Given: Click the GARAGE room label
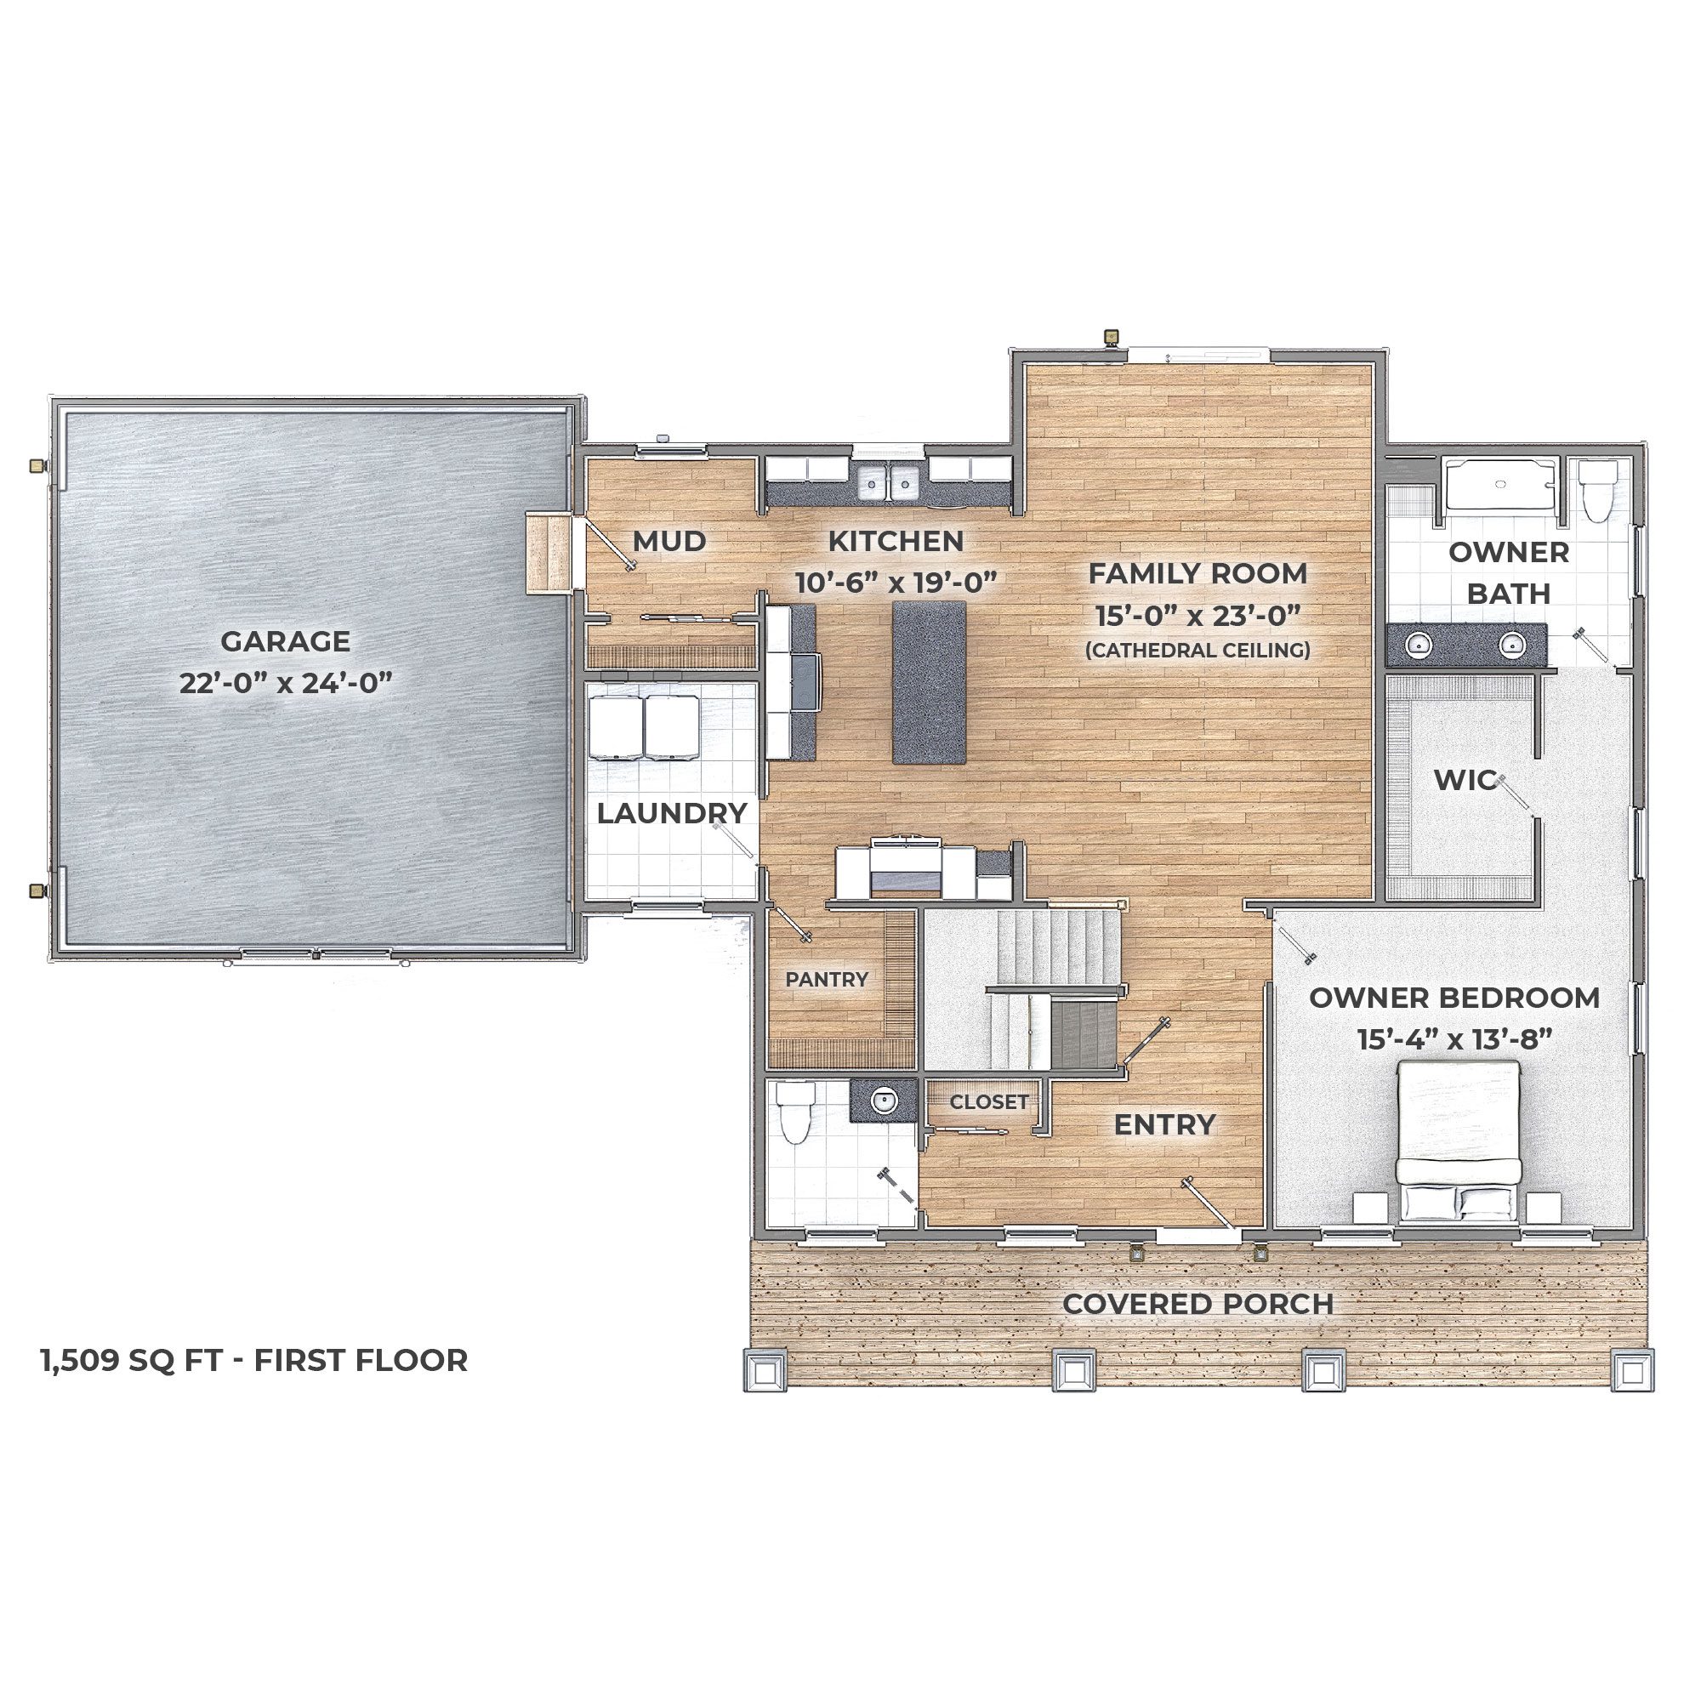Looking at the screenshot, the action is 285,641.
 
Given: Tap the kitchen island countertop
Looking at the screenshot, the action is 929,681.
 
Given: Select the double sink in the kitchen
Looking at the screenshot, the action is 890,482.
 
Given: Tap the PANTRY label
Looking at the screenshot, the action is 827,979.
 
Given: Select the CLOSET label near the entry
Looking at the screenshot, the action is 989,1101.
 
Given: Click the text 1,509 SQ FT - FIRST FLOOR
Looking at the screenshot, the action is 254,1360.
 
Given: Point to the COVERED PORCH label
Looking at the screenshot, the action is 1198,1304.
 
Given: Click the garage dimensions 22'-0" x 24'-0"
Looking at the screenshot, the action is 285,682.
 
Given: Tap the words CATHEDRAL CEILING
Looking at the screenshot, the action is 1198,650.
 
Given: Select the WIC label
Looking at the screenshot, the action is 1465,779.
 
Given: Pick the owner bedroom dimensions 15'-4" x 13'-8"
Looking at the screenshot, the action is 1454,1040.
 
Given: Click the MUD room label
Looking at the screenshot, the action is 669,541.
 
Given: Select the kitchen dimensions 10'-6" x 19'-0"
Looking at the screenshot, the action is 896,583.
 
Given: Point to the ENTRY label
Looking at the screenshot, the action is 1165,1124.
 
